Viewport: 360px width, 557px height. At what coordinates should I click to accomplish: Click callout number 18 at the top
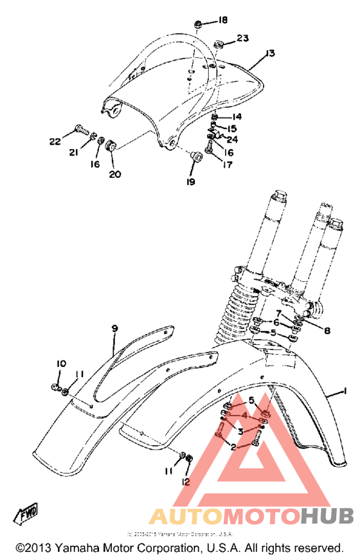222,21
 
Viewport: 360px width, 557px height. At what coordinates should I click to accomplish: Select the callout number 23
242,38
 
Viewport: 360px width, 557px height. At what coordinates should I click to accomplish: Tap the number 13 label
269,53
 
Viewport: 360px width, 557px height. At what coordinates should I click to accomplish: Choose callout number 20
115,173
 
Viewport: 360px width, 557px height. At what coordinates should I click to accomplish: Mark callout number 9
114,328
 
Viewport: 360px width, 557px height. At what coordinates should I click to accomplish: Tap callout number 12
186,481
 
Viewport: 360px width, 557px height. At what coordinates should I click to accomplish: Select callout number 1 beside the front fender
345,390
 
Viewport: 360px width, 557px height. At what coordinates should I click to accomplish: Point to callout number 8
327,332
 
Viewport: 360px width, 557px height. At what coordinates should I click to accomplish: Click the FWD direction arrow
26,514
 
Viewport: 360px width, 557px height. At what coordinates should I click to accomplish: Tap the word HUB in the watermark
327,515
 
